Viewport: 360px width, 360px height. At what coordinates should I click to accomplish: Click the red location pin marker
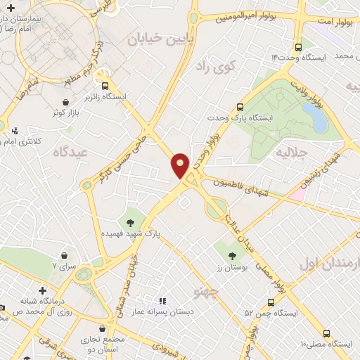[x=180, y=165]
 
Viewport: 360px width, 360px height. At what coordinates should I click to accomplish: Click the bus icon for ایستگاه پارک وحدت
[x=240, y=108]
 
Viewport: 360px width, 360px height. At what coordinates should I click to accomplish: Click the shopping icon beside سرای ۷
[x=65, y=255]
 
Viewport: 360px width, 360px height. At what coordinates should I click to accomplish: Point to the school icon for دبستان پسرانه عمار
[x=163, y=301]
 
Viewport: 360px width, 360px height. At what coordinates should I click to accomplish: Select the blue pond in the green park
[x=319, y=120]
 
